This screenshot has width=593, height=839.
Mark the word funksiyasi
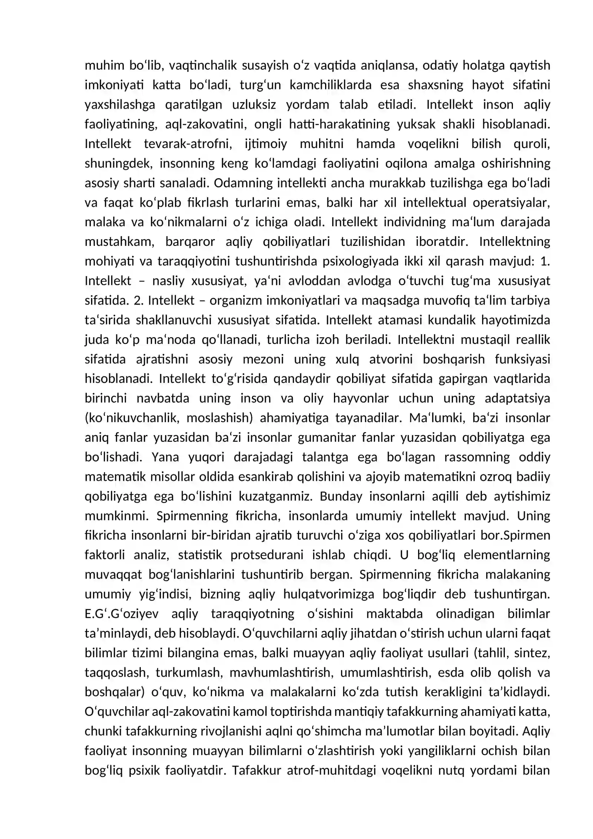point(522,359)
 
